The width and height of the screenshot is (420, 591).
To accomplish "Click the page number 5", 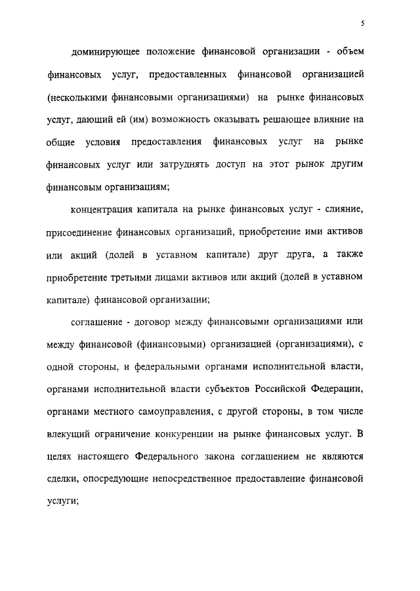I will (363, 24).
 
